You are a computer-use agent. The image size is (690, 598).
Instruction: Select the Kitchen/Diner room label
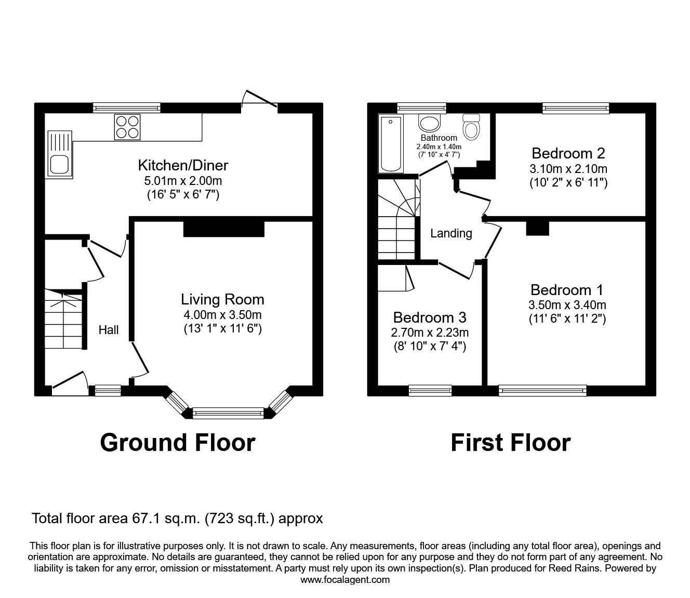pos(183,166)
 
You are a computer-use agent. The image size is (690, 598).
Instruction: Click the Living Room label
pos(222,299)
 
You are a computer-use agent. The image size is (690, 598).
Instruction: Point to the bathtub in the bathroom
pos(391,144)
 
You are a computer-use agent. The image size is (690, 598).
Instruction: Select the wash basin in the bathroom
pos(429,123)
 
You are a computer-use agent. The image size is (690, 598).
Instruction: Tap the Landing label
pos(451,233)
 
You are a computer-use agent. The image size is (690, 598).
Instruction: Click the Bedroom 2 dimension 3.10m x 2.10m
pos(568,169)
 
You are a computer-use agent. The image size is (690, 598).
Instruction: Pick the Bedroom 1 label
pos(568,290)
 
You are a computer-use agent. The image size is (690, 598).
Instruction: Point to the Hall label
pos(109,330)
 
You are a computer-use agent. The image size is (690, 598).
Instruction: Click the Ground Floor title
pos(177,443)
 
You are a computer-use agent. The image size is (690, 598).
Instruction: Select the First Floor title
pos(510,443)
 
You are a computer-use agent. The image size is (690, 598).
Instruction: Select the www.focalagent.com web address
pos(345,580)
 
